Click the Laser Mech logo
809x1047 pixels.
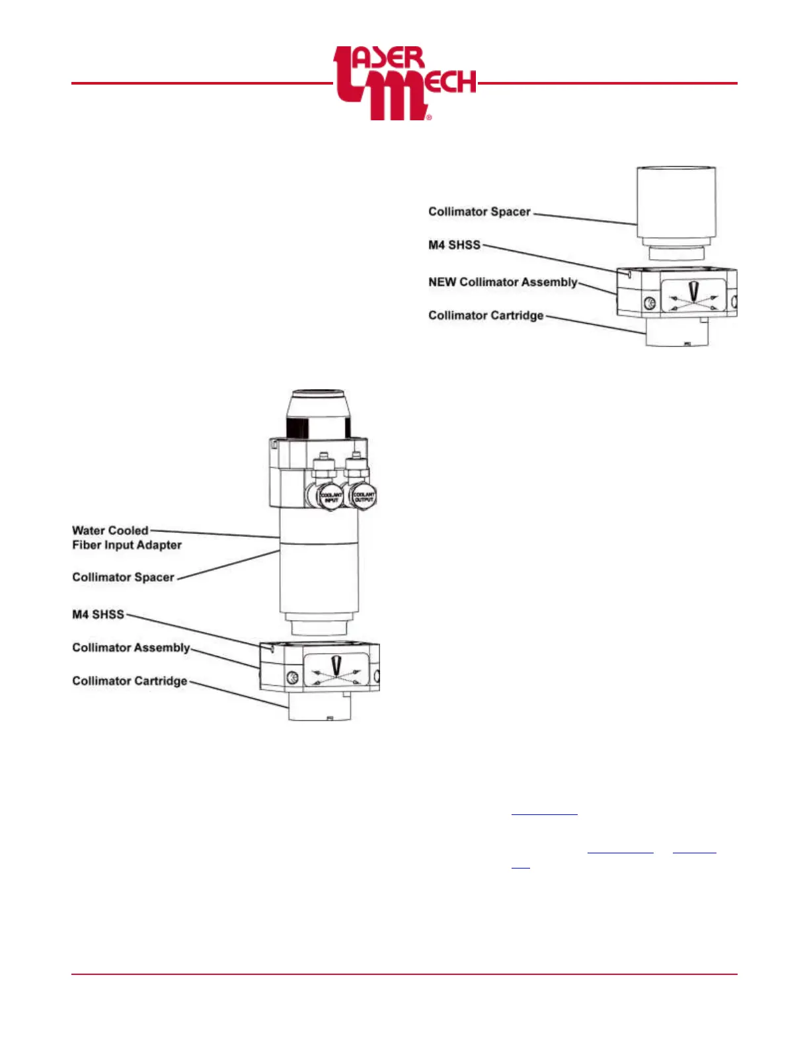click(404, 83)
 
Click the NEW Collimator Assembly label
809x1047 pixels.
click(502, 282)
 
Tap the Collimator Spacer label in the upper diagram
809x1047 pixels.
click(479, 212)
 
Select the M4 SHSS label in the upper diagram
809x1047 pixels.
click(454, 245)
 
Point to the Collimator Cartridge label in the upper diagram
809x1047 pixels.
click(486, 315)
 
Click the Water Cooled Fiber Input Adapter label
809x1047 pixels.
click(126, 537)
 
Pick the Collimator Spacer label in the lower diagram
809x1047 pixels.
click(123, 577)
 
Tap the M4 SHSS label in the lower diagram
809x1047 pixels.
click(98, 615)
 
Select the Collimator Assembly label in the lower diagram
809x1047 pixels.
click(131, 648)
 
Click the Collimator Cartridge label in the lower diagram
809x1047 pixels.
click(130, 681)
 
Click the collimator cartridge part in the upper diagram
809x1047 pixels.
click(676, 332)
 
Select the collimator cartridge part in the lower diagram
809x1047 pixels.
click(320, 707)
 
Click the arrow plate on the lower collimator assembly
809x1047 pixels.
click(336, 671)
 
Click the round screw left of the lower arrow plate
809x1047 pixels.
click(292, 677)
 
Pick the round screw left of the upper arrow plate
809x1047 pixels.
click(649, 303)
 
